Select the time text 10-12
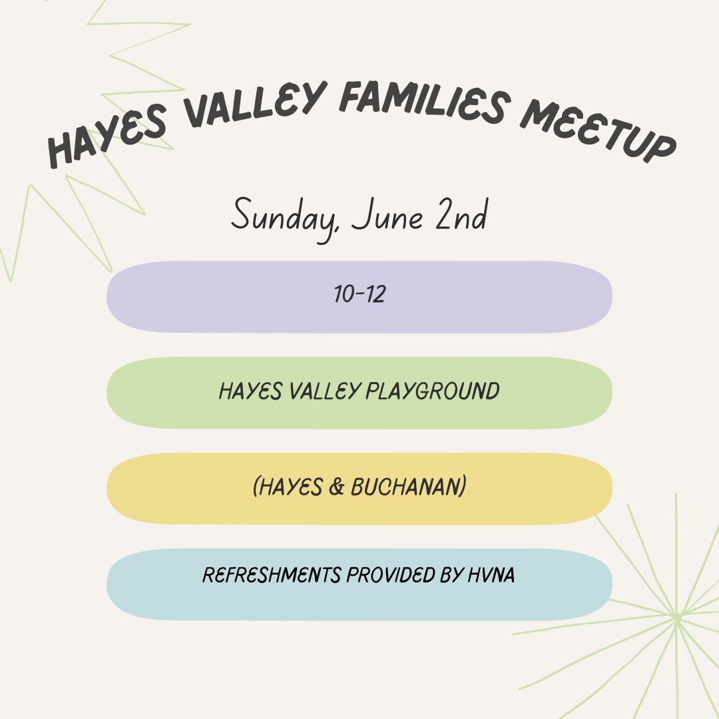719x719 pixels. pos(359,295)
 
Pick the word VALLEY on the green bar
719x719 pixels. pos(324,391)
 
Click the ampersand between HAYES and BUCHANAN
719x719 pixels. pos(336,487)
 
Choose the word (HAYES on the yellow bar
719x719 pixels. pos(288,487)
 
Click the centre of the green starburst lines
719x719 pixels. pos(676,616)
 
